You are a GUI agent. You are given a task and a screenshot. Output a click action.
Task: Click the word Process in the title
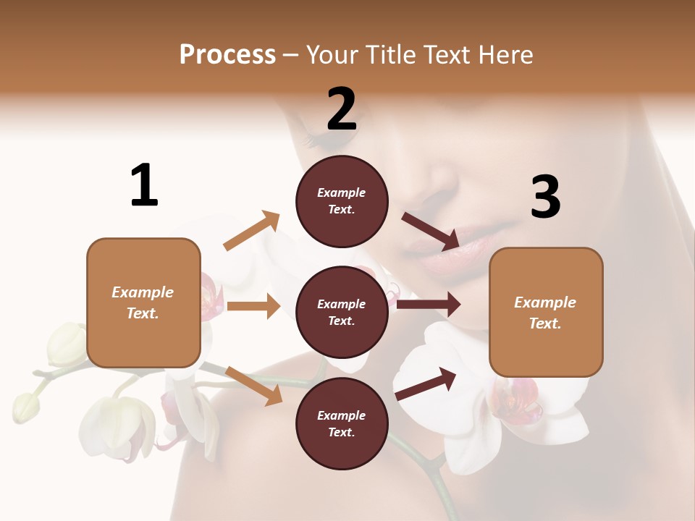tap(227, 55)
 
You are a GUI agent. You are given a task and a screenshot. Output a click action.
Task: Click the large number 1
tap(144, 185)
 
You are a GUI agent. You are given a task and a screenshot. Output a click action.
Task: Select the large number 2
tap(342, 109)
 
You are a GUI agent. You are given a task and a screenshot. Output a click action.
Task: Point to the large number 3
tap(545, 197)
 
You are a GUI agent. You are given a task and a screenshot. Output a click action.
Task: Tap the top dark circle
tap(342, 201)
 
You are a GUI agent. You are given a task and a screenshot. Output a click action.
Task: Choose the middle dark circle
tap(342, 313)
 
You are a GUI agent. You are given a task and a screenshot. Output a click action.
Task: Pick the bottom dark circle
tap(342, 424)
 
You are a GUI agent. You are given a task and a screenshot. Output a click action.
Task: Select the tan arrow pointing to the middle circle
tap(253, 306)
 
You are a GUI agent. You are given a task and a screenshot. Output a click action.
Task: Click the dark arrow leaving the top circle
tap(431, 231)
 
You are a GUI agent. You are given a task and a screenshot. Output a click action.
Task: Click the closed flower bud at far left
tap(26, 407)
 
